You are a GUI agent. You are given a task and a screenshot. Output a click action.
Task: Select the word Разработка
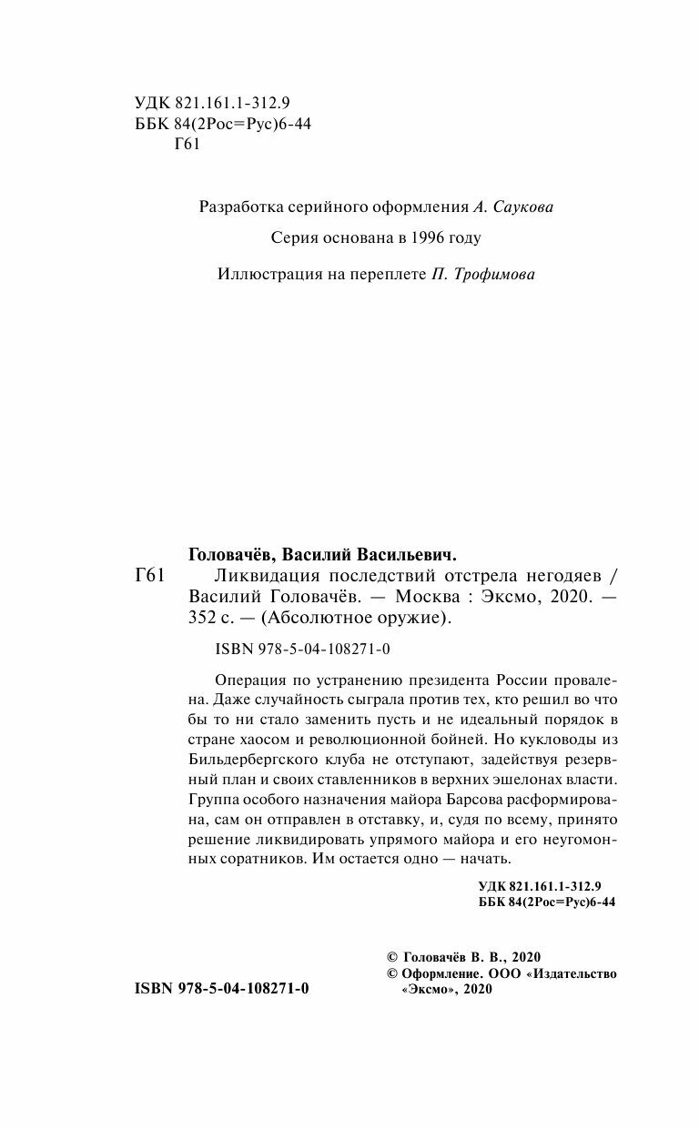(238, 207)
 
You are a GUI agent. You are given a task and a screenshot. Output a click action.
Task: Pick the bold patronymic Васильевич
(403, 553)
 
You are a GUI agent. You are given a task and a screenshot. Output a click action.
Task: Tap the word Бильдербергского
(255, 758)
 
